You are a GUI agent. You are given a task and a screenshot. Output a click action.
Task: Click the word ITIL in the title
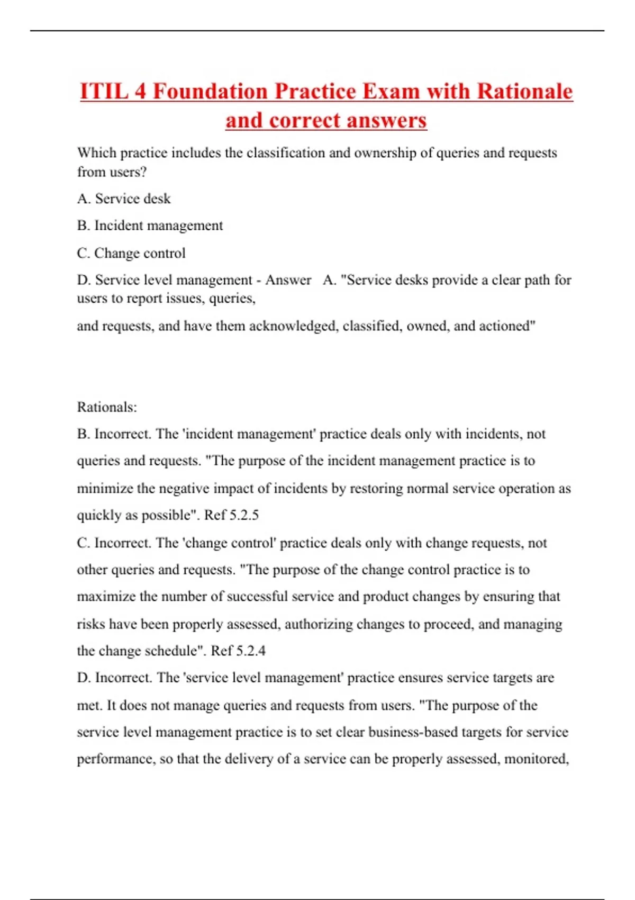(104, 91)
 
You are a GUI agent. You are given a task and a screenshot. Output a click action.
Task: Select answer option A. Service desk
(124, 199)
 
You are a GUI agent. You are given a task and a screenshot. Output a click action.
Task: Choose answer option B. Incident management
(150, 226)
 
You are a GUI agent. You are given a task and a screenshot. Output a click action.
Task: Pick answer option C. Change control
(131, 253)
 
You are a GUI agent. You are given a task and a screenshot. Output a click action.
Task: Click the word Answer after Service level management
(288, 280)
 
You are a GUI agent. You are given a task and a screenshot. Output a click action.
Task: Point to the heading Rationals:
(107, 407)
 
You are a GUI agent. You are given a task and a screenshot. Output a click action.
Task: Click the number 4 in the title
(140, 91)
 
